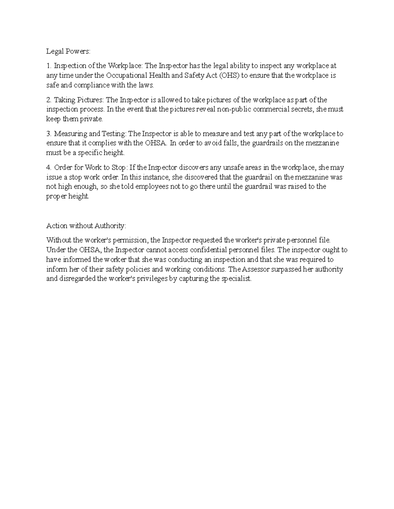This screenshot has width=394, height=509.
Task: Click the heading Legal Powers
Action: [68, 52]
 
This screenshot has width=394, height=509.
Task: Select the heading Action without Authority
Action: [86, 226]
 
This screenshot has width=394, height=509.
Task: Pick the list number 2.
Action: [48, 100]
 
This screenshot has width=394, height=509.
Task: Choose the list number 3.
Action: [48, 134]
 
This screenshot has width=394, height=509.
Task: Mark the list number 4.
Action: [48, 168]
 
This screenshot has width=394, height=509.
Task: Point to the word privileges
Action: [149, 279]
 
